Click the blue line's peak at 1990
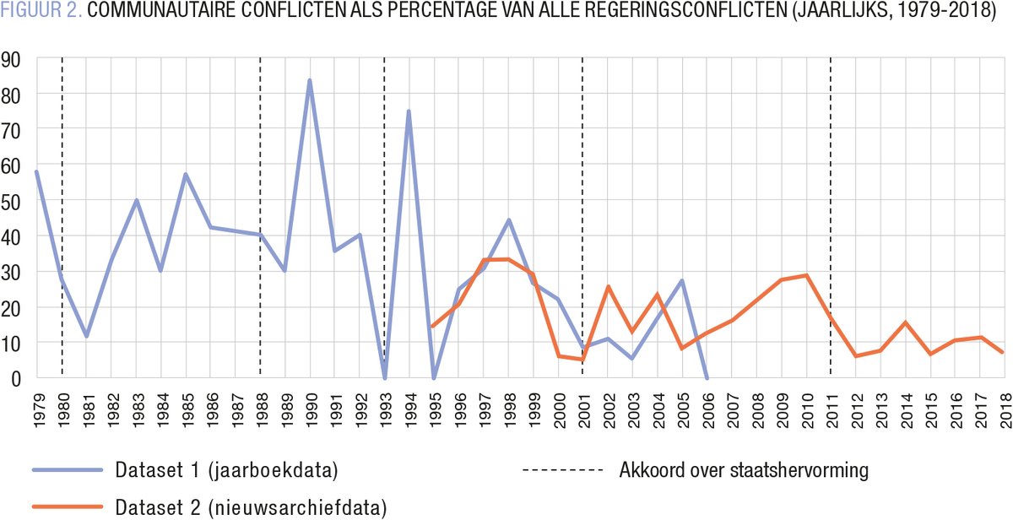[x=310, y=81]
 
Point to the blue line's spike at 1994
[x=409, y=111]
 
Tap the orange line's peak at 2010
[x=807, y=275]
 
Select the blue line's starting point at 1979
[x=36, y=171]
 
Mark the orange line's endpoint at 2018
[x=1002, y=352]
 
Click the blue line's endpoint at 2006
[x=707, y=377]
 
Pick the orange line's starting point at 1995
[x=433, y=326]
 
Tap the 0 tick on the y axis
[x=16, y=378]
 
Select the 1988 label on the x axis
[x=260, y=410]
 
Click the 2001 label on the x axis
[x=582, y=410]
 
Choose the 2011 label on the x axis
[x=831, y=410]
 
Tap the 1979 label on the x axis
[x=37, y=410]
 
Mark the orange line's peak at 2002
[x=608, y=286]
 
